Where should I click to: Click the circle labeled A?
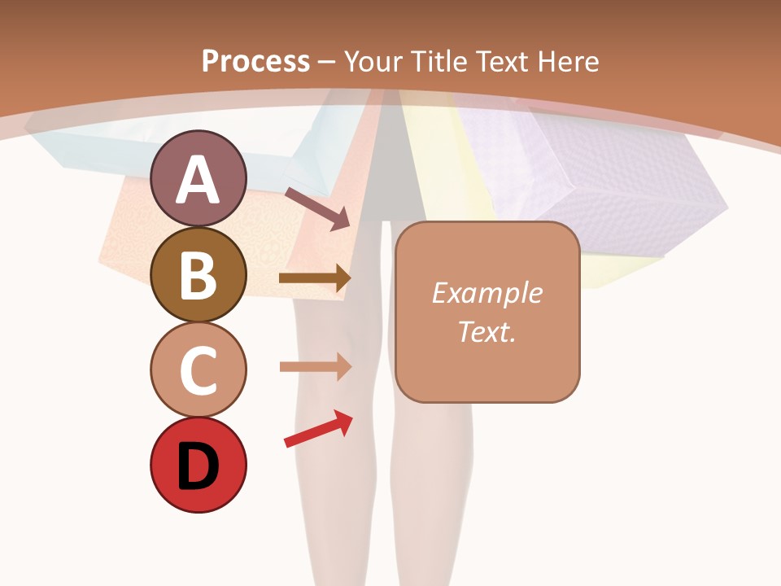(199, 178)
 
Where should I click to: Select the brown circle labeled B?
(199, 275)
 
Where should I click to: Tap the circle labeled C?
(199, 370)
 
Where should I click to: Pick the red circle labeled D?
(199, 466)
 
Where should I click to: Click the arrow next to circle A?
(317, 208)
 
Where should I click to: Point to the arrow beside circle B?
(314, 278)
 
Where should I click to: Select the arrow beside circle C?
(315, 367)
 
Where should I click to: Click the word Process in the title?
(255, 61)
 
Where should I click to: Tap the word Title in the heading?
(435, 61)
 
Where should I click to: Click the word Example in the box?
(486, 293)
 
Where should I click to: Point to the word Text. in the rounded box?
(486, 331)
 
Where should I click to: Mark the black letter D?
(199, 467)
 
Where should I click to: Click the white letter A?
(199, 180)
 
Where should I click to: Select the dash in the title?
(327, 62)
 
